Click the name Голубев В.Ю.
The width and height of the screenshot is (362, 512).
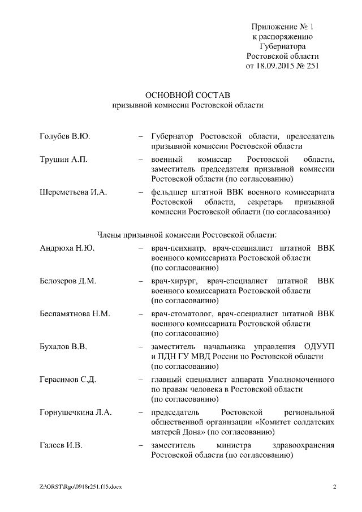[x=65, y=137]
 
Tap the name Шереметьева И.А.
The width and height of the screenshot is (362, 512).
[x=74, y=192]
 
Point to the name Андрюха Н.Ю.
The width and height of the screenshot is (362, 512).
[x=67, y=248]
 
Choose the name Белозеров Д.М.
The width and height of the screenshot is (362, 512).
[x=68, y=281]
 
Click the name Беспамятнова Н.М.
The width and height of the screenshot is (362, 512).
[x=75, y=313]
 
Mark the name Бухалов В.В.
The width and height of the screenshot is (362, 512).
[x=63, y=346]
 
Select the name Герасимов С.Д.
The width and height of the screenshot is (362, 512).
[x=68, y=379]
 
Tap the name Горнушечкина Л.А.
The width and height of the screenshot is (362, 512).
[x=76, y=412]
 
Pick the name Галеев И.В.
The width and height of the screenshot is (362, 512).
[x=61, y=445]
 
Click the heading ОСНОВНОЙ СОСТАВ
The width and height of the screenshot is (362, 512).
[x=188, y=94]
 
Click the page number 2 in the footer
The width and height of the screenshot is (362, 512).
[x=334, y=487]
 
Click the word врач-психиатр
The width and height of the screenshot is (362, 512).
[x=175, y=248]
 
